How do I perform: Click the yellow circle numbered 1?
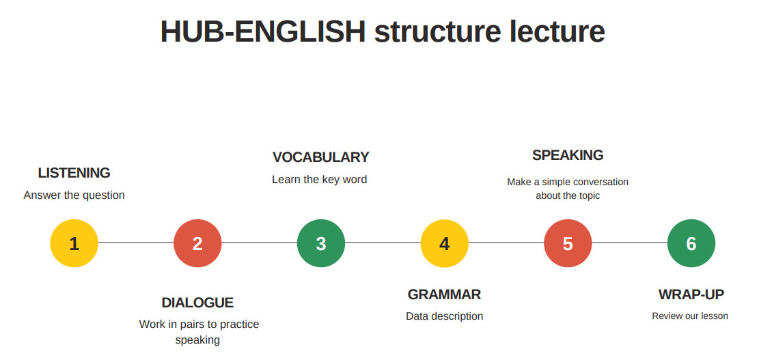click(74, 243)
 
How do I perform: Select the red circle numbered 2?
click(197, 243)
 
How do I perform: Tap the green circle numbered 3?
click(321, 243)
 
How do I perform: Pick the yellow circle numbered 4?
click(444, 243)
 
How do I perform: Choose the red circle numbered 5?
click(568, 243)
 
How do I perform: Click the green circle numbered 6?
click(691, 243)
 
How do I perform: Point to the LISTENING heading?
click(74, 173)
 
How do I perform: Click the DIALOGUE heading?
click(197, 303)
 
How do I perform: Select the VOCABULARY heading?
click(320, 157)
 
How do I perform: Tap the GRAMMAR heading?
click(444, 294)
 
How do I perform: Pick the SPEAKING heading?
click(568, 155)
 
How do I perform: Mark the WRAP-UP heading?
click(691, 294)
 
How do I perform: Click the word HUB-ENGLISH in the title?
click(263, 31)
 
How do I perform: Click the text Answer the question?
click(74, 195)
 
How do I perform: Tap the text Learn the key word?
click(320, 180)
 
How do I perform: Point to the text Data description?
click(444, 316)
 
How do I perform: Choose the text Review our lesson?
click(690, 316)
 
